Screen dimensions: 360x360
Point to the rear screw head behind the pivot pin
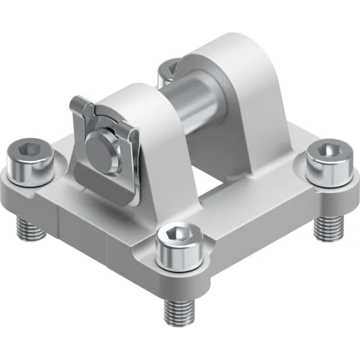169,70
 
